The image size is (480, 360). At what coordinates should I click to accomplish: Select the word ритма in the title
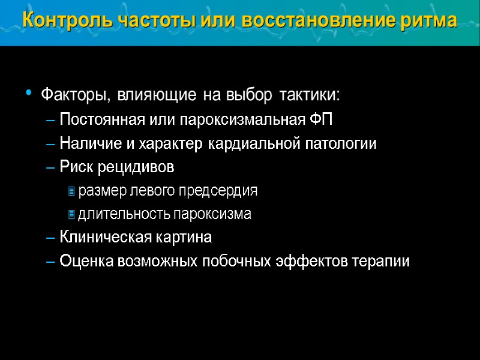pyautogui.click(x=429, y=20)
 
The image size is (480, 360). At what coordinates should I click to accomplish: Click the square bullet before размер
pyautogui.click(x=71, y=191)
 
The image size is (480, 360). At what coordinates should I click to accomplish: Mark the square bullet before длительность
pyautogui.click(x=71, y=214)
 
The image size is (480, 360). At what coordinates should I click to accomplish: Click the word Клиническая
pyautogui.click(x=102, y=238)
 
